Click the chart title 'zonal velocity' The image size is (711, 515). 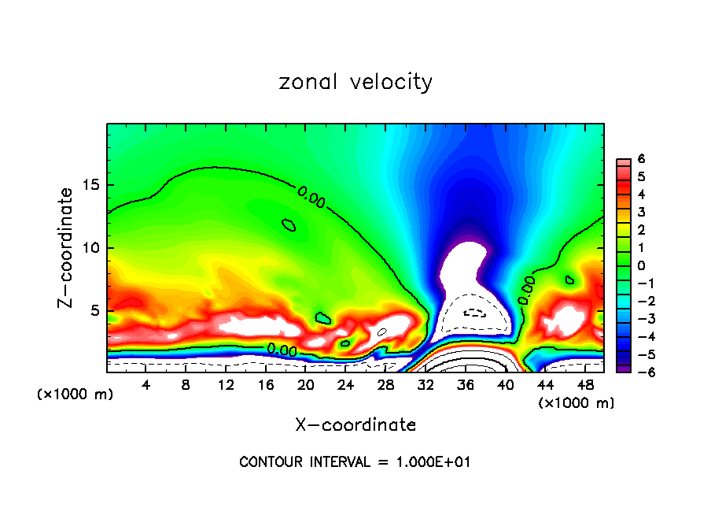(355, 82)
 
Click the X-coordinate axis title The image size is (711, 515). (355, 425)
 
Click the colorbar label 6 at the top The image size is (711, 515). (641, 159)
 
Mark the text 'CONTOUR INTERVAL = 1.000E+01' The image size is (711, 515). (355, 462)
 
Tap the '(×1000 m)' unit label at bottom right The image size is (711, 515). (577, 403)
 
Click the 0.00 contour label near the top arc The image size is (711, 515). (311, 197)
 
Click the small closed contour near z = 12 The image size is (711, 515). (289, 224)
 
